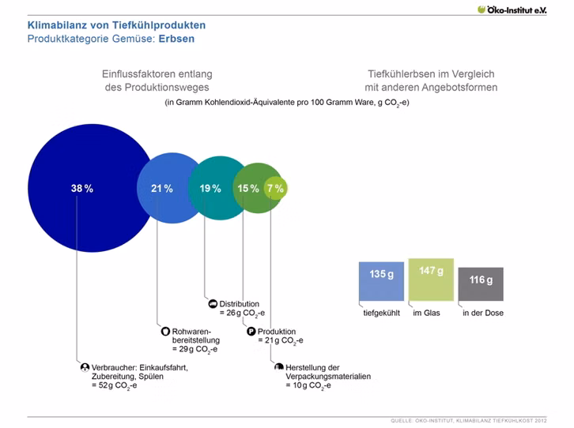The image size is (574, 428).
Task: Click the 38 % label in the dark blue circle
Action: (x=82, y=188)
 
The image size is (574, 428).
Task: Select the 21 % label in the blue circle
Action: (x=162, y=188)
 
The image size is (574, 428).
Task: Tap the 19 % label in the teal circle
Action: (x=210, y=188)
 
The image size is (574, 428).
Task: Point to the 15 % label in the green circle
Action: (x=248, y=188)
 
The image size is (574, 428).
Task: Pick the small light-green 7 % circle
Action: (x=276, y=188)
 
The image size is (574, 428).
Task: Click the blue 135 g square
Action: (x=381, y=281)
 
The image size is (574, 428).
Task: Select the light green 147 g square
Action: (x=431, y=280)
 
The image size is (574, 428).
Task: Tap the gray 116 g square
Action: (x=481, y=284)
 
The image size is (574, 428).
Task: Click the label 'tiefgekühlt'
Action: (x=381, y=313)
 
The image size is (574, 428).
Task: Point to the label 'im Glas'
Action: (x=426, y=313)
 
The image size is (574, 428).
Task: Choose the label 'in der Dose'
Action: (x=483, y=313)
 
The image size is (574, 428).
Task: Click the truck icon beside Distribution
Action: (x=213, y=304)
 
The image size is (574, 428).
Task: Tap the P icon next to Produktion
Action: (x=251, y=332)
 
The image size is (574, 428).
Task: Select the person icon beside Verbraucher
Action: (x=85, y=367)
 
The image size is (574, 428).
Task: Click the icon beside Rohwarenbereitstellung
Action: (x=165, y=332)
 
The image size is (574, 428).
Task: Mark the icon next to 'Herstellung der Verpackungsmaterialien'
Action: (x=279, y=366)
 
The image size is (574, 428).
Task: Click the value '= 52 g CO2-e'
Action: (x=114, y=385)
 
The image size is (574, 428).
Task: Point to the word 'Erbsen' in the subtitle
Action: (x=176, y=39)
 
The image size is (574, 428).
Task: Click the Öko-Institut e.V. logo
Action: (x=512, y=9)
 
